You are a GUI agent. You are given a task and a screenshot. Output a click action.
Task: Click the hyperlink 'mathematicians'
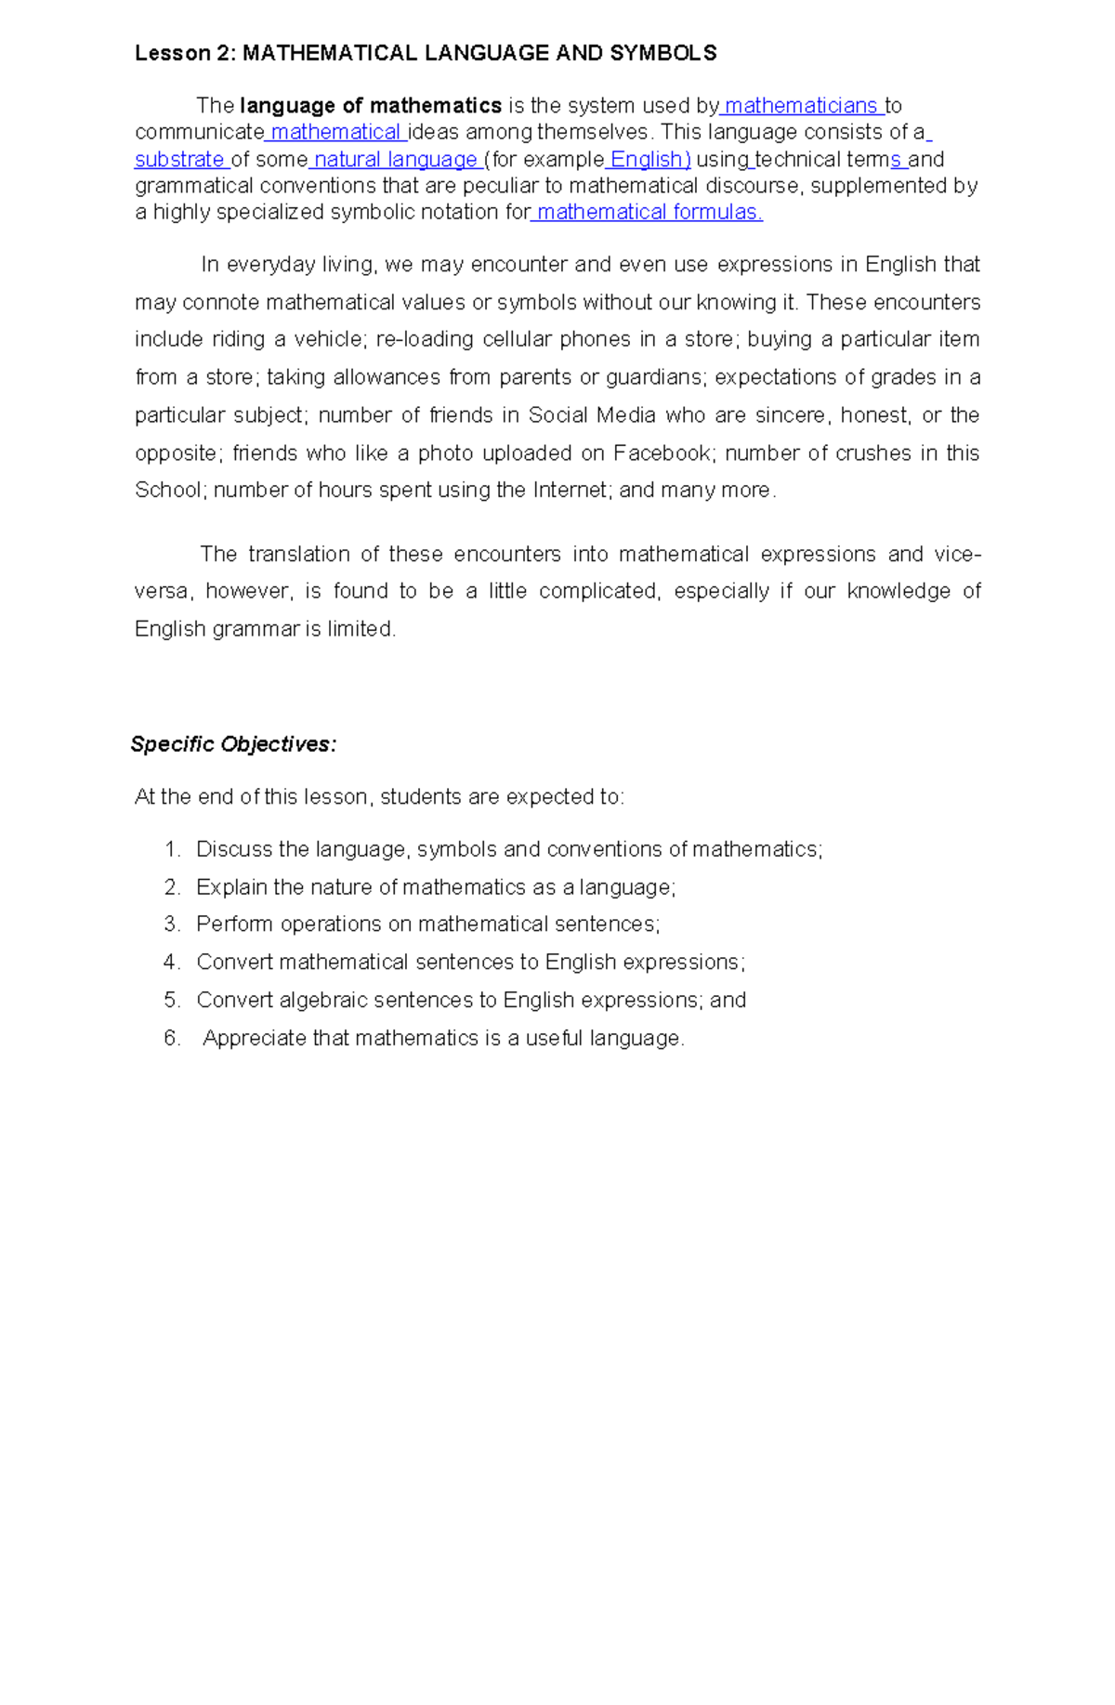coord(801,106)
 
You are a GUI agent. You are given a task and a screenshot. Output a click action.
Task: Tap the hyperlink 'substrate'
coord(179,160)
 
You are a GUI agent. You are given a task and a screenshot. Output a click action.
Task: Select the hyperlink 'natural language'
coord(395,160)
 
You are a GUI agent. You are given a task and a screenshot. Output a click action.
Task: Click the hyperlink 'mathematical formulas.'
coord(649,213)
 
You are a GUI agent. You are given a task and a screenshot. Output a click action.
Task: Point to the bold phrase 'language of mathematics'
coord(371,106)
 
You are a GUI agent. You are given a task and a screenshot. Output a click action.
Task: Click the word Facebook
coord(662,453)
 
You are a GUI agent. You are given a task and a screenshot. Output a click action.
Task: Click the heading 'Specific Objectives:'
coord(233,744)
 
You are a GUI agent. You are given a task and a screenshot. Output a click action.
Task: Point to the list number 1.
coord(171,850)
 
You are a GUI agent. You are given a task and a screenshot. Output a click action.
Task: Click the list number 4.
coord(171,963)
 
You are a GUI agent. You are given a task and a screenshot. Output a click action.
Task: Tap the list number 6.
coord(171,1039)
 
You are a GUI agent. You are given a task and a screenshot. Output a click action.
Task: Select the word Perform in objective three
coord(234,925)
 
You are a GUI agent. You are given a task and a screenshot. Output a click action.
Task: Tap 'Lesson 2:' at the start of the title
coord(185,53)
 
